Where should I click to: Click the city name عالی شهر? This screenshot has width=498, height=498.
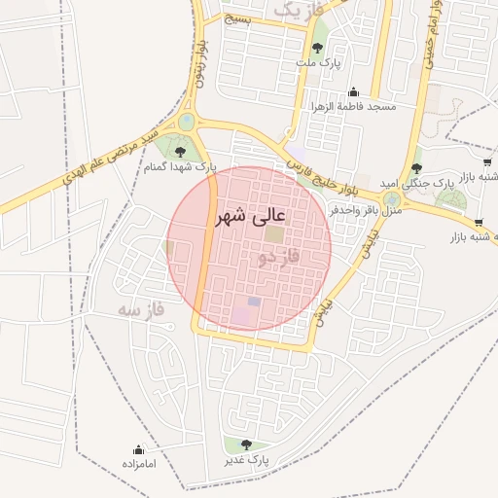(x=251, y=215)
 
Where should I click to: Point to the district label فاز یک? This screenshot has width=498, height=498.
(x=297, y=10)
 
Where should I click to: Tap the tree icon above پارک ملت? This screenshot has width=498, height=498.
(x=318, y=47)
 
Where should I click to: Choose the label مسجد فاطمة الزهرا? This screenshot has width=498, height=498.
(x=353, y=106)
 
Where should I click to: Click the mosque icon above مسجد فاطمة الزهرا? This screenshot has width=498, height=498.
(x=352, y=91)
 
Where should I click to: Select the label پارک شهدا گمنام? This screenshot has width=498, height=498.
(x=179, y=167)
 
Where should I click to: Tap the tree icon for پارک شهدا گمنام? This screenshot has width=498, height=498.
(x=180, y=151)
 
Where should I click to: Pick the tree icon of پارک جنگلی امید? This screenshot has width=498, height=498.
(x=416, y=168)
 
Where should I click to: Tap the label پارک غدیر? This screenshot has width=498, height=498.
(x=246, y=458)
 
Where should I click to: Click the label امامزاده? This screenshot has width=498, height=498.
(x=139, y=465)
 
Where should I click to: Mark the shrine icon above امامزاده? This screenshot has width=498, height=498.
(x=138, y=449)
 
